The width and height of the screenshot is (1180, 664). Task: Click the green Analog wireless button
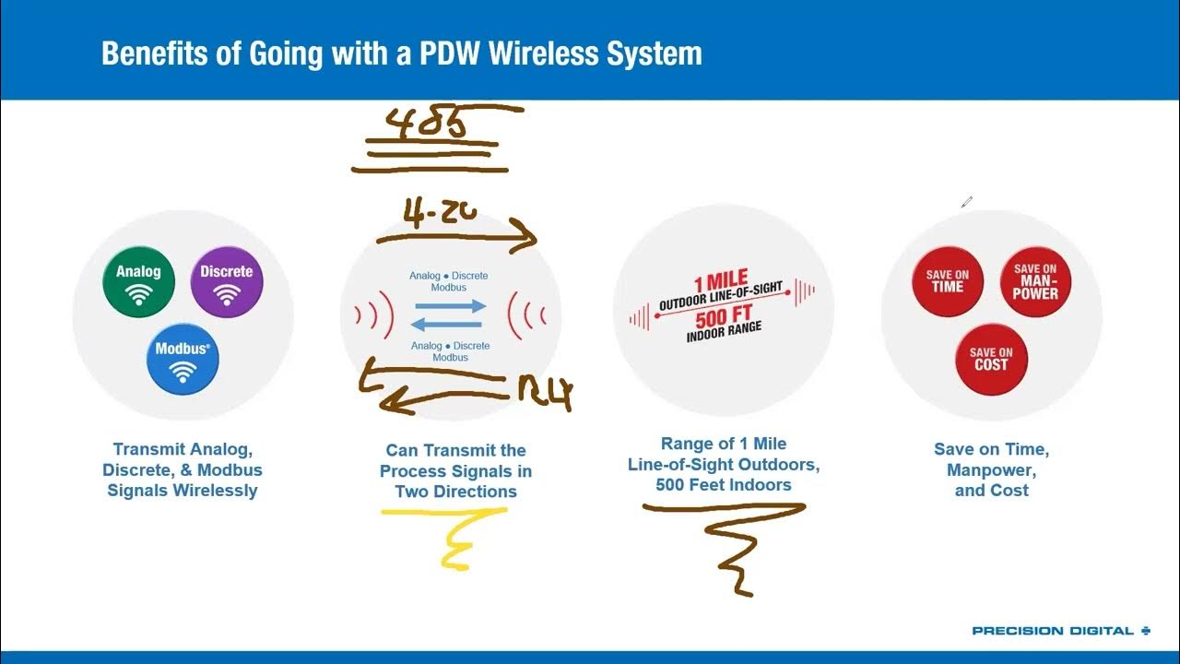tap(138, 281)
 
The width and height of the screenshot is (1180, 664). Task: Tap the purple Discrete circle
tap(227, 281)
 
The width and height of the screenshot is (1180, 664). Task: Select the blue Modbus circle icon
tap(183, 359)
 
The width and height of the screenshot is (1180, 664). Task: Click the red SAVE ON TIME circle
tap(947, 281)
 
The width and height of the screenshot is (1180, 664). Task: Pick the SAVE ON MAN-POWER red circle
tap(1035, 281)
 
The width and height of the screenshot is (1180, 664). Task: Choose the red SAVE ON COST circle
tap(991, 359)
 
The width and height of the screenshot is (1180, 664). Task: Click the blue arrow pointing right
tap(450, 306)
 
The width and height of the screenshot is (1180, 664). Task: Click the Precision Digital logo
tap(1061, 631)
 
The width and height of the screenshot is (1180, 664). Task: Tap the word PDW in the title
tap(449, 53)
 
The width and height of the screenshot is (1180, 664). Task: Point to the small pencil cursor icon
tap(966, 202)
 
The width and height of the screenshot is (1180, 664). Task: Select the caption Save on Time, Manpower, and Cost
tap(991, 469)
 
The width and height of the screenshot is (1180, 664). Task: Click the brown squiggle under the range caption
tap(733, 544)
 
